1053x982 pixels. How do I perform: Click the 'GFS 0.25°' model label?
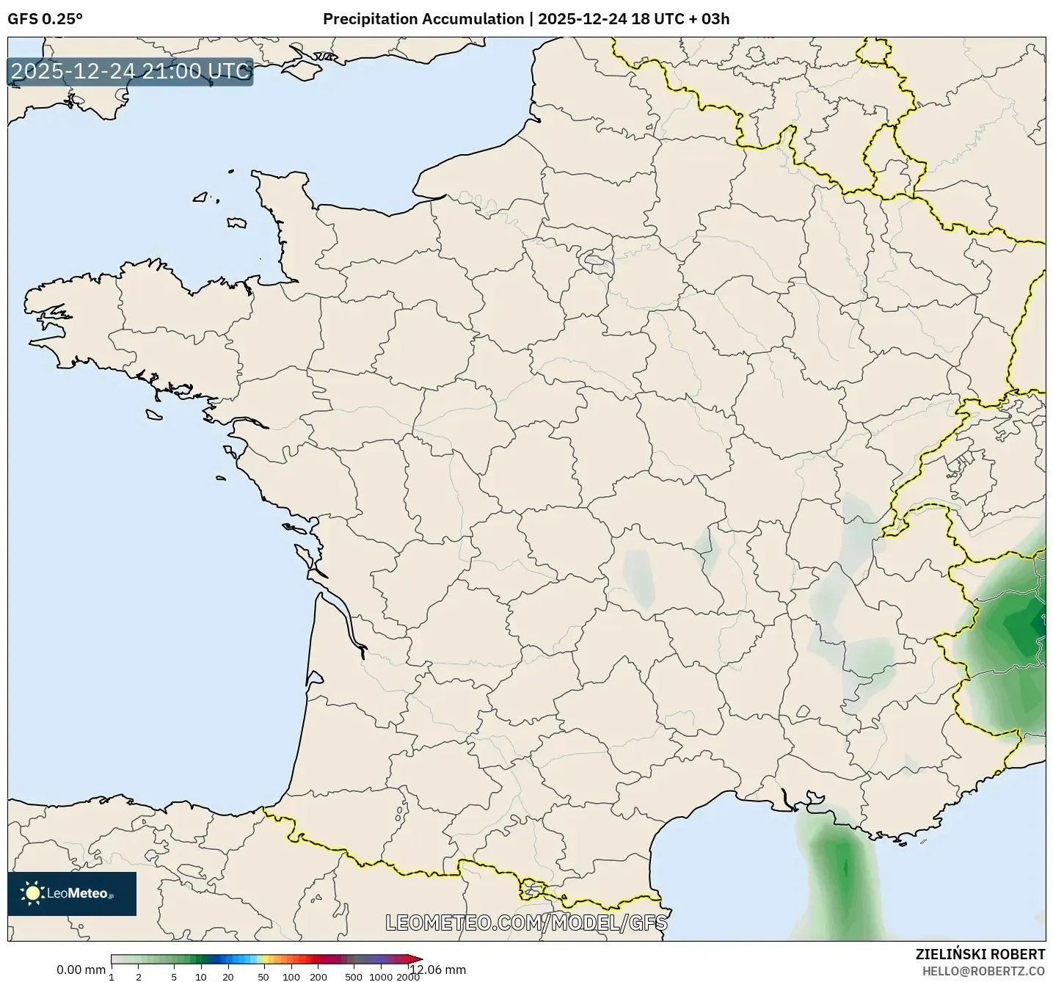pos(45,19)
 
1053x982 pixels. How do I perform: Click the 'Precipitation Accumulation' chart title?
pos(423,19)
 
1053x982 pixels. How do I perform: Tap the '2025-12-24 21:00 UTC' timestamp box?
pos(130,71)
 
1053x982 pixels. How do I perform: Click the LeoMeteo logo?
pos(71,893)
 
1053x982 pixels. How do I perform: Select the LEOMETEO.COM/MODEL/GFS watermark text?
pos(526,923)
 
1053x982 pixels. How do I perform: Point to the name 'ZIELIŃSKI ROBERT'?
pos(980,954)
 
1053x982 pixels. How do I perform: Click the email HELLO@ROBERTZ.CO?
pos(983,971)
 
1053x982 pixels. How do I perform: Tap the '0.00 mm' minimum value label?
pos(81,970)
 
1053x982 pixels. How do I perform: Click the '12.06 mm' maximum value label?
pos(438,970)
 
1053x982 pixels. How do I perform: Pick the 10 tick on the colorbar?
pos(201,977)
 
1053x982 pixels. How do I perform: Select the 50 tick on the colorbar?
pos(263,977)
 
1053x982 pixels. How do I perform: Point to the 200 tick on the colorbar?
pos(318,977)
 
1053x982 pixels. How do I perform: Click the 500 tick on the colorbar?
pos(354,977)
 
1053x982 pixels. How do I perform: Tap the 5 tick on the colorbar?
pos(174,977)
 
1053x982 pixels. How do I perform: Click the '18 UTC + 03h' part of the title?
pos(680,19)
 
